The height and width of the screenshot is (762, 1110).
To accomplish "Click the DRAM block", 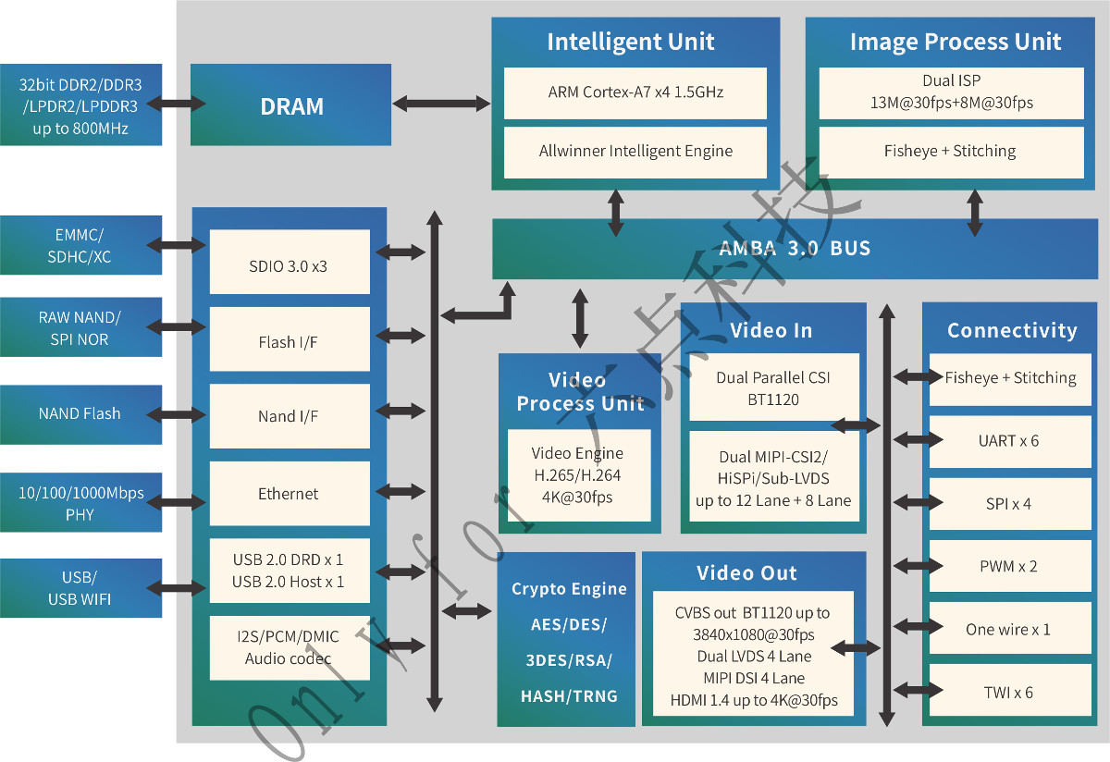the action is coord(290,104).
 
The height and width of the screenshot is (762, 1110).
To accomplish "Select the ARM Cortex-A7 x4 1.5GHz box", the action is coord(635,93).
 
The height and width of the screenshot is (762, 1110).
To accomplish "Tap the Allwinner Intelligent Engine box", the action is coord(635,152).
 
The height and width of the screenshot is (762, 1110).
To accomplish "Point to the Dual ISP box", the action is coord(952,93).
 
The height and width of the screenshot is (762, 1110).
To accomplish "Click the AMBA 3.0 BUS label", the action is coord(795,248).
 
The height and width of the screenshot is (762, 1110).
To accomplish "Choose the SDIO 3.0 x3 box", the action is coord(290,262).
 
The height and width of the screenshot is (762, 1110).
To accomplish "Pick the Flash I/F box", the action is coord(290,338).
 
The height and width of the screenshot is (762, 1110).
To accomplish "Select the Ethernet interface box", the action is coord(290,494).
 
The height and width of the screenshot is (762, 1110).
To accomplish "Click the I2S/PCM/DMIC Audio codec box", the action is coord(290,648).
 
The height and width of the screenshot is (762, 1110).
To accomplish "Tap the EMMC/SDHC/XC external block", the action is coord(80,245).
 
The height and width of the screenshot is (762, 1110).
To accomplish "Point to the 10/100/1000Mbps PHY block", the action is coord(80,502).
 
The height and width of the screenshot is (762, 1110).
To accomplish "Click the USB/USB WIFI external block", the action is coord(80,588).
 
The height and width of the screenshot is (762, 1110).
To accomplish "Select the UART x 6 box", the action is coord(1010,441).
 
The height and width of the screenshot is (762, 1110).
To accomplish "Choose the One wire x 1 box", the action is coord(1010,628).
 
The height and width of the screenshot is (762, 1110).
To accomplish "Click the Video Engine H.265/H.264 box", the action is coord(579,475).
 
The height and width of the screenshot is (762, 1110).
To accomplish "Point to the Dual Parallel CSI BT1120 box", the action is coord(774,387).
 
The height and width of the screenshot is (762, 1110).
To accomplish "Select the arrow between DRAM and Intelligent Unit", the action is coord(441,104).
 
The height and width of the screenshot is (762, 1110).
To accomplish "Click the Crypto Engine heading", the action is coord(569,588).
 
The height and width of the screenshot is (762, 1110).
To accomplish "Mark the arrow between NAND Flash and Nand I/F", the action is coord(176,414).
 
